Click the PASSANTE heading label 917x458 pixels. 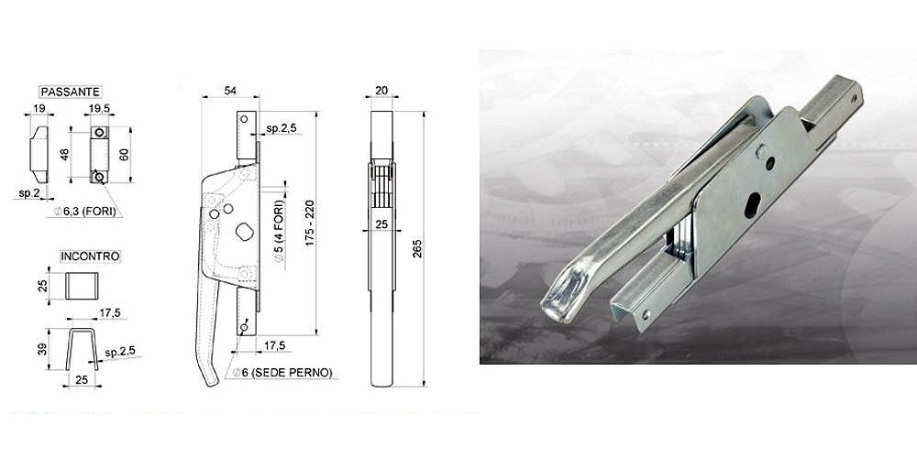71,92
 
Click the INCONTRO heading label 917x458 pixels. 90,256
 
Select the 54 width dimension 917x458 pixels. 230,90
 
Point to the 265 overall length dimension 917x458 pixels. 417,248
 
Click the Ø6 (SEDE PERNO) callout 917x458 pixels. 282,373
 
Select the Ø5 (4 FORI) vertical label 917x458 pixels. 279,234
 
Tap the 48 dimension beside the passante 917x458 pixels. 64,155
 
